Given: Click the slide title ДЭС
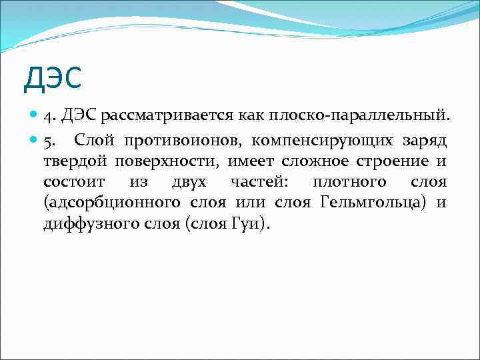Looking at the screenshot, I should point(52,79).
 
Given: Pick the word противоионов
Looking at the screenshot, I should point(173,141).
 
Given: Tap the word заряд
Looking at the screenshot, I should point(425,141).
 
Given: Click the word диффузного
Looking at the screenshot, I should point(86,223).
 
